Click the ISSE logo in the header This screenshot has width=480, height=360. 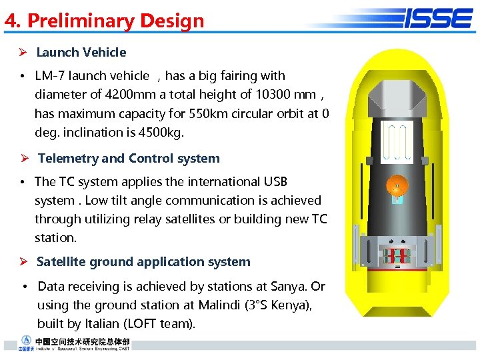coord(437,18)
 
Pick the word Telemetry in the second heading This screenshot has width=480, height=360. coord(67,159)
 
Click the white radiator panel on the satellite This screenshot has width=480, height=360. coord(395,142)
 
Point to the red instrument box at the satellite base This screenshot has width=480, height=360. coord(395,255)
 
